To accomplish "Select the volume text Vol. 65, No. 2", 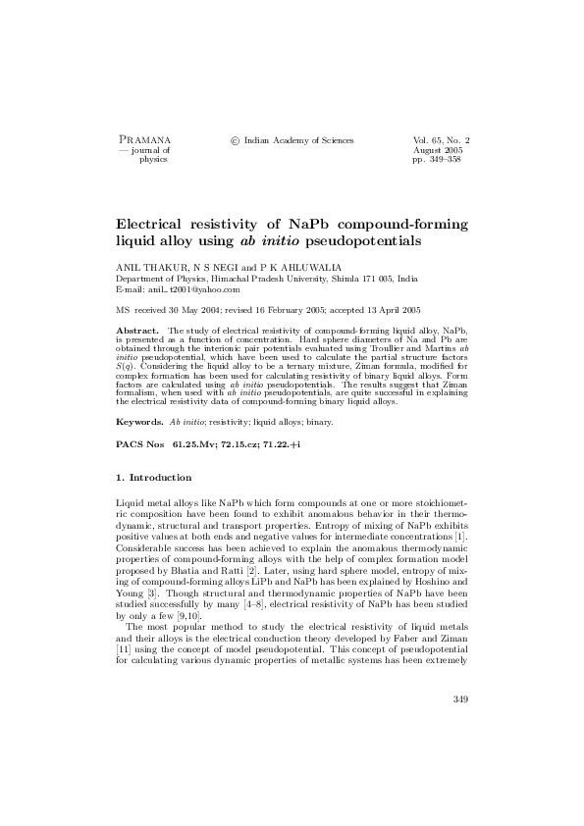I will click(442, 140).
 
